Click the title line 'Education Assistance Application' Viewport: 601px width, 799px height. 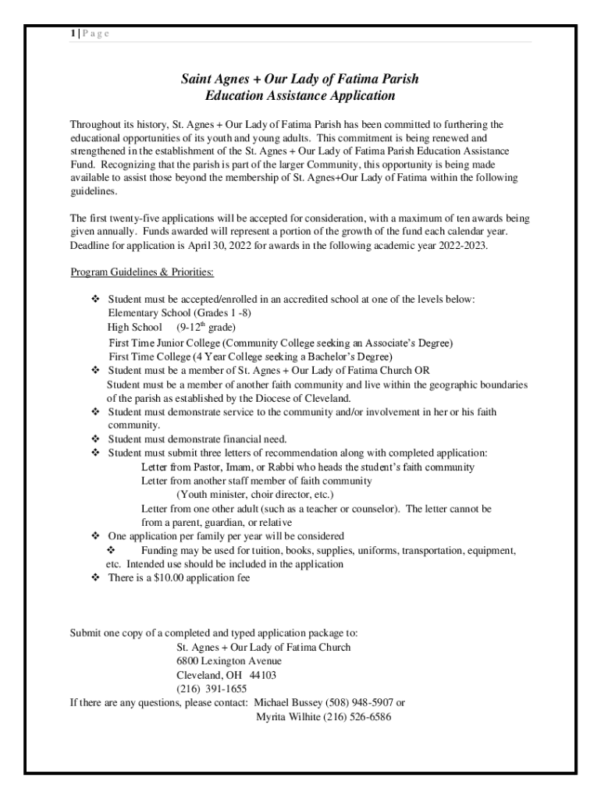click(x=300, y=96)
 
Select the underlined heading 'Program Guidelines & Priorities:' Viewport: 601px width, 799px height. click(x=142, y=272)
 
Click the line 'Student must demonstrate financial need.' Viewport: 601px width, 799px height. click(x=197, y=439)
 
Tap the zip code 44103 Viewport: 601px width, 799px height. click(x=263, y=675)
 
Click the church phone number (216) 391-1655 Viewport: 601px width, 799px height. click(x=212, y=689)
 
